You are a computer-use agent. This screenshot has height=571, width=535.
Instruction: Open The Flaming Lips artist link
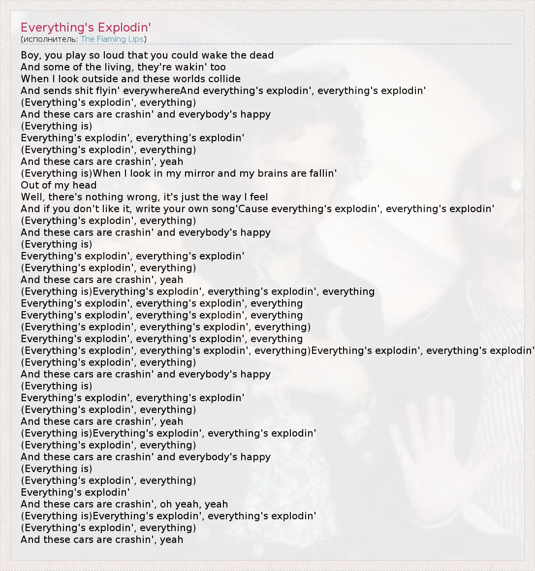tap(112, 39)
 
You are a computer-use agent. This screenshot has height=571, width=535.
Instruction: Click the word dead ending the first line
tap(261, 55)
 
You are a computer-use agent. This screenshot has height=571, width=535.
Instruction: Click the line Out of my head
tap(59, 185)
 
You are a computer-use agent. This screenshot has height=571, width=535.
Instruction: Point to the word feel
tap(259, 197)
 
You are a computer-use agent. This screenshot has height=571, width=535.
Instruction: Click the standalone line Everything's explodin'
tap(75, 492)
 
